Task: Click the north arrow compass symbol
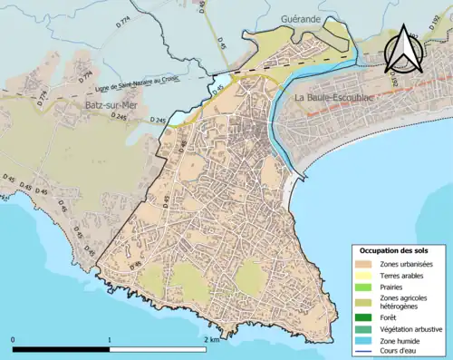[402, 49]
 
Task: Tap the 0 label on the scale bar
[14, 339]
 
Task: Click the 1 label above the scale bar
[110, 339]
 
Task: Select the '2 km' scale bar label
[212, 339]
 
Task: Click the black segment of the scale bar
[62, 349]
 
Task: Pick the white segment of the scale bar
[158, 349]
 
